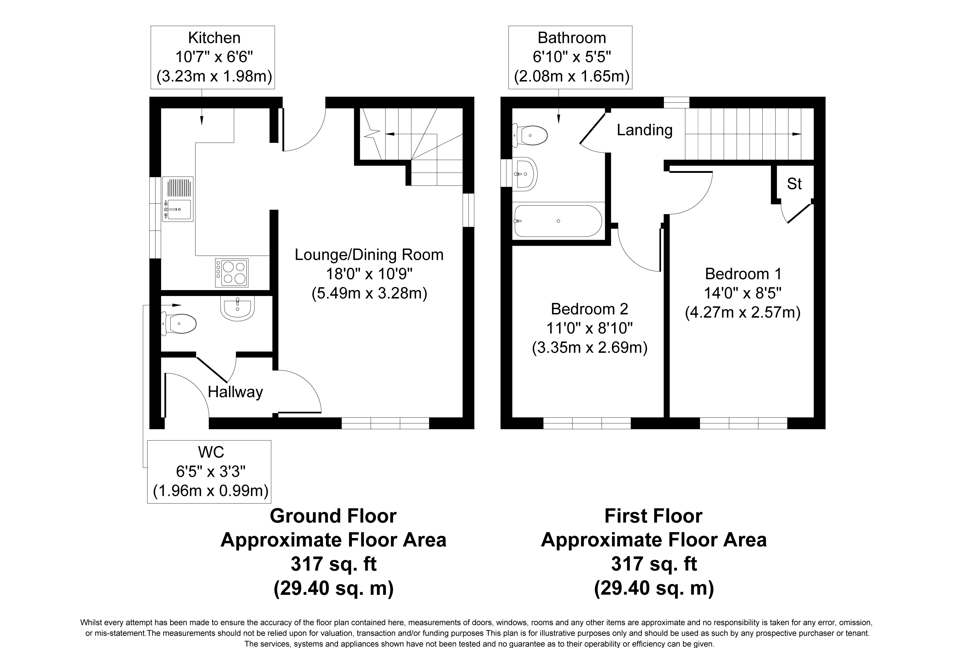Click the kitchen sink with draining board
click(177, 199)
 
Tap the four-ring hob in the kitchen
click(232, 273)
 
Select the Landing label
click(645, 130)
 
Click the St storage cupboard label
click(794, 184)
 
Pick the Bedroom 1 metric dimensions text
click(742, 312)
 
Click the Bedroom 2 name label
click(589, 309)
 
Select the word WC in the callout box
click(211, 452)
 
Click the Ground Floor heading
click(333, 516)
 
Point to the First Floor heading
click(653, 516)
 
